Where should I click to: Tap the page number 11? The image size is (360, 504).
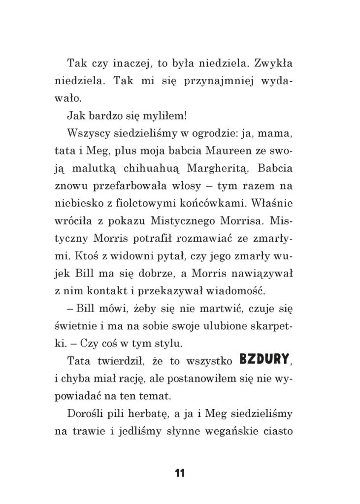179,473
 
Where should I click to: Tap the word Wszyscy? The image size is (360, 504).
87,134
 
